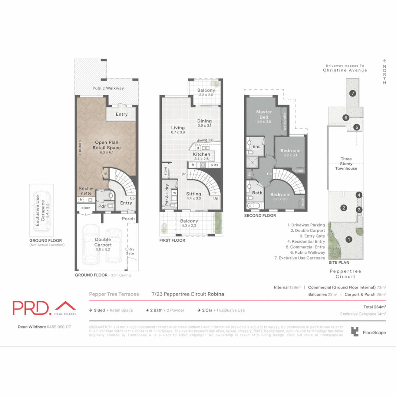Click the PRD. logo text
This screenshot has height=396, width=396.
32,308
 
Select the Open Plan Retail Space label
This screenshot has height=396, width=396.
106,145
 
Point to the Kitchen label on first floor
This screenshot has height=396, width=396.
201,154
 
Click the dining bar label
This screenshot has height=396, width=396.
208,140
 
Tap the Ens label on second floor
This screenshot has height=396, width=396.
256,147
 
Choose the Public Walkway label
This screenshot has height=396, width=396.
108,88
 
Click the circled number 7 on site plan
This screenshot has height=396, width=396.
352,93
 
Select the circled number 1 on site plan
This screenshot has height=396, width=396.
349,239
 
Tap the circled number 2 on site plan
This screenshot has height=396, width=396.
344,208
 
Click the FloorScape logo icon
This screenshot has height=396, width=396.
355,331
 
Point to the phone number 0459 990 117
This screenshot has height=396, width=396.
59,327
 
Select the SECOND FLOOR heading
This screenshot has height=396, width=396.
260,216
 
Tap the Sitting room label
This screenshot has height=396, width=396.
193,194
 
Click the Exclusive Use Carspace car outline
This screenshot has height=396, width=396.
41,209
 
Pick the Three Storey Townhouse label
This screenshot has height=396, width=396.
346,164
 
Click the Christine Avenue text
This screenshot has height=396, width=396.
345,70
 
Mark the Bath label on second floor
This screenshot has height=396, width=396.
257,193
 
